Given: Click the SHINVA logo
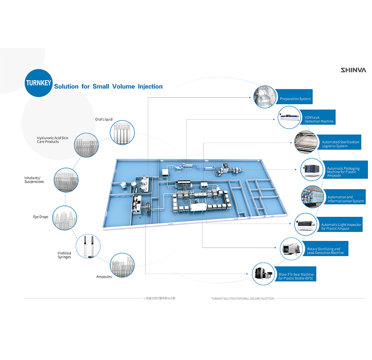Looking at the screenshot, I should coord(353,70).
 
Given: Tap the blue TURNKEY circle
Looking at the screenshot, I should coord(38,83).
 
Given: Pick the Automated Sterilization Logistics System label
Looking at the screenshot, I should coord(341,144).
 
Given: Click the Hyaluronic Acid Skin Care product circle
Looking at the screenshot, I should coord(86,145).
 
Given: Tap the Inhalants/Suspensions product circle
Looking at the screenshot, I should coord(66,180).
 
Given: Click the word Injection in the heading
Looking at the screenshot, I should coord(150,86).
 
